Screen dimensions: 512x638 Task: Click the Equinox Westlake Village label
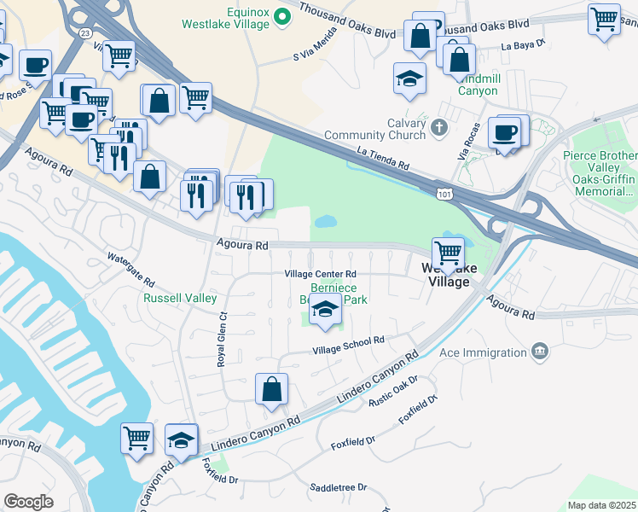coord(225,18)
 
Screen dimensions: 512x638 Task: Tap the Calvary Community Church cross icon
coord(439,128)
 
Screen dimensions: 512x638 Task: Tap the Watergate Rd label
coord(130,269)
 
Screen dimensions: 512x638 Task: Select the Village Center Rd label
coord(320,274)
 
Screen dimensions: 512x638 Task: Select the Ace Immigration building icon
coord(539,352)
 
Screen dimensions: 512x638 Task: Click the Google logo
coord(28,501)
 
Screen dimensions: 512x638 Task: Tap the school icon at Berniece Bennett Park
coord(325,311)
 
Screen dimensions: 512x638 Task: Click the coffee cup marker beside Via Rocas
coord(504,134)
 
